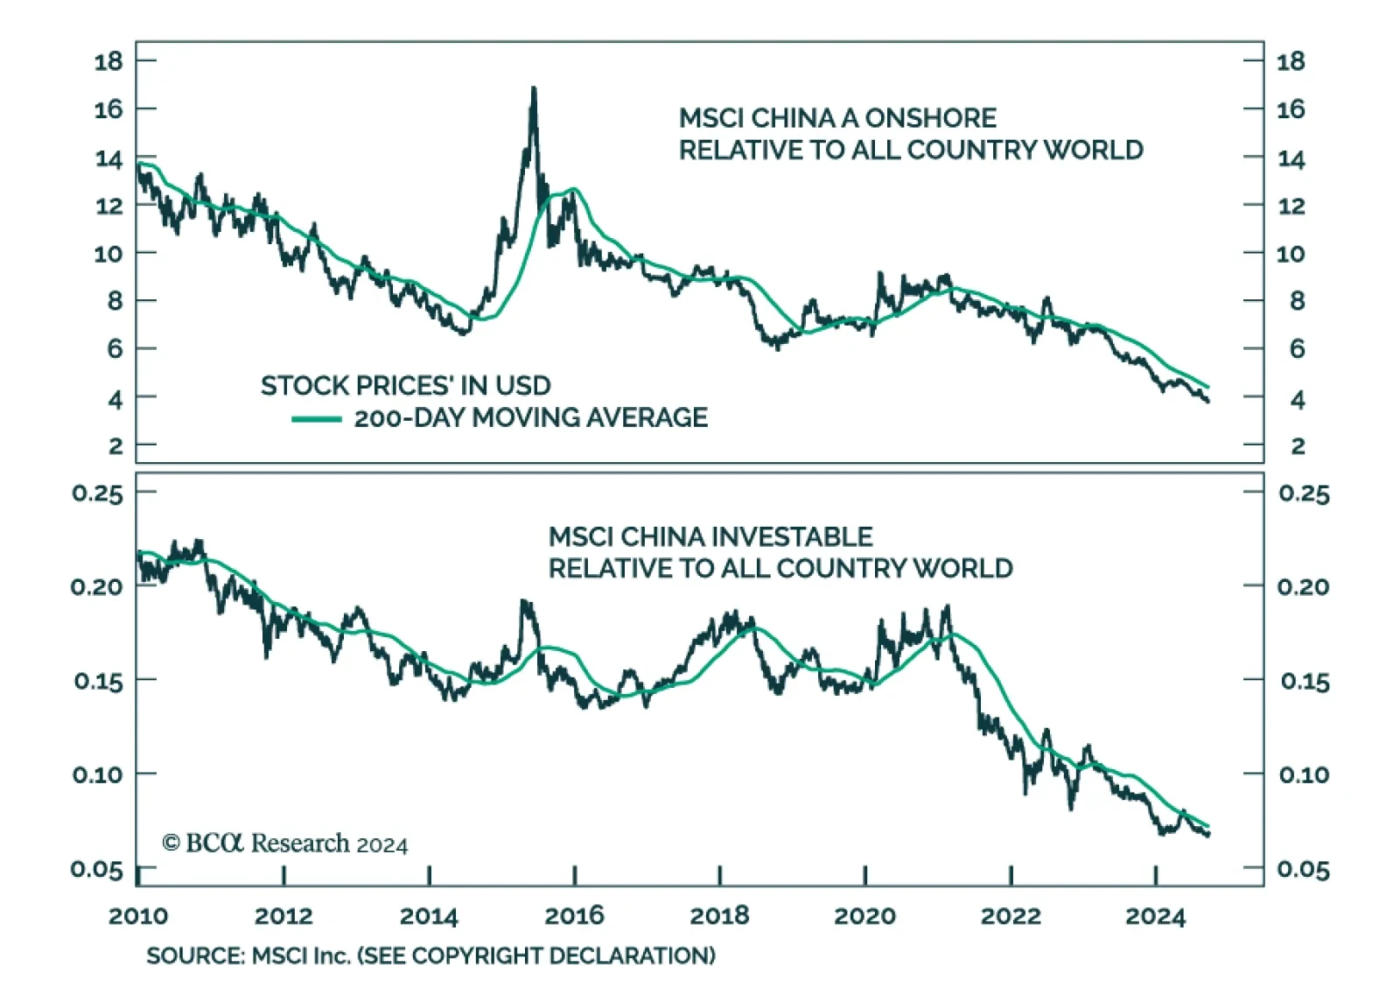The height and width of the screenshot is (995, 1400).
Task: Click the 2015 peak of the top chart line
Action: pos(533,89)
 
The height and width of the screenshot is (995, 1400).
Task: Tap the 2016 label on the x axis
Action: pos(574,915)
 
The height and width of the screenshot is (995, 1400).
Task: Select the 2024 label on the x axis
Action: pos(1155,915)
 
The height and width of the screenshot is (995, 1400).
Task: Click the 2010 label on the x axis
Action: pos(138,915)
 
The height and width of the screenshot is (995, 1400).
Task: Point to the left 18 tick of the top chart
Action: pos(109,61)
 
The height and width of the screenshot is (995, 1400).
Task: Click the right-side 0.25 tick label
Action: pos(1303,494)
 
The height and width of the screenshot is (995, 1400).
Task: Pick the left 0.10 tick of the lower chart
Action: pos(97,774)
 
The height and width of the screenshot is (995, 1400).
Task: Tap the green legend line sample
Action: pos(316,419)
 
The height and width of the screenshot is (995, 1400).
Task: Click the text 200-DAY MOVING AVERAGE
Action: pos(530,417)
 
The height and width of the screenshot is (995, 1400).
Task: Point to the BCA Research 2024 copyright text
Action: pos(285,843)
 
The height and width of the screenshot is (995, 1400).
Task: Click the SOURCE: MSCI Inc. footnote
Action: pos(430,955)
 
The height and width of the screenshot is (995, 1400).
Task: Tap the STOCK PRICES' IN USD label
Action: pos(406,386)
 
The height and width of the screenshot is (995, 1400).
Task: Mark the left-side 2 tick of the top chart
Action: pos(115,446)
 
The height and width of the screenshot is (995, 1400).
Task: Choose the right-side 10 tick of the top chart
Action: pos(1291,254)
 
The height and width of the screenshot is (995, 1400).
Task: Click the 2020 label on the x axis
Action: pos(864,915)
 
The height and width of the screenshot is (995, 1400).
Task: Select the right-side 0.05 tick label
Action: pos(1303,869)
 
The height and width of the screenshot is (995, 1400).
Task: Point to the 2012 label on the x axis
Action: pos(283,915)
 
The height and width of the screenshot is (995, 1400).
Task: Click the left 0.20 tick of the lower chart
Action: pos(97,586)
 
